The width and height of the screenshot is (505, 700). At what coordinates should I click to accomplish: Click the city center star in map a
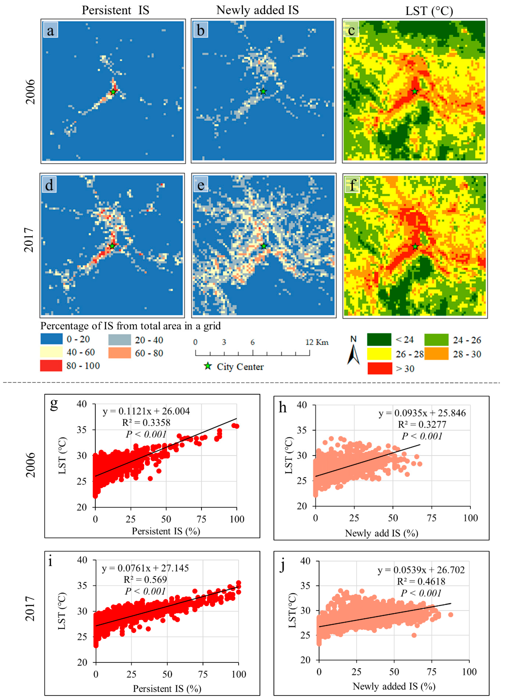[113, 92]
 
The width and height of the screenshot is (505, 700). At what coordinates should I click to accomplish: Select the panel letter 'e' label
[201, 185]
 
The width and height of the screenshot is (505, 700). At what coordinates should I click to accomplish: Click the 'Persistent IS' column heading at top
[115, 10]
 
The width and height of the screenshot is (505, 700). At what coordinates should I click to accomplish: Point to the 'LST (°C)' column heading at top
[429, 11]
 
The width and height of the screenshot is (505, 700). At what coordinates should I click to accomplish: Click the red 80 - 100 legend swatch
[51, 366]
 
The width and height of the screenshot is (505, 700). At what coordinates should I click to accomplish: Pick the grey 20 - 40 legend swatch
[119, 340]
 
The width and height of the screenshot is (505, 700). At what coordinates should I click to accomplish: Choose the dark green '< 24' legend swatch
[379, 340]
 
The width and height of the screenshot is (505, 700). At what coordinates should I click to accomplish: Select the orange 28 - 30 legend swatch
[436, 354]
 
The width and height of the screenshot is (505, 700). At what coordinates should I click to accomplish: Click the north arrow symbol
[354, 353]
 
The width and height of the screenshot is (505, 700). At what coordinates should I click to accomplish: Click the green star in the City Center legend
[208, 366]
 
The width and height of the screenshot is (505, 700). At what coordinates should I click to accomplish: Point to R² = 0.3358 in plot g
[146, 422]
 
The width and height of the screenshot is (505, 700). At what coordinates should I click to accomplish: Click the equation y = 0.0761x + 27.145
[145, 568]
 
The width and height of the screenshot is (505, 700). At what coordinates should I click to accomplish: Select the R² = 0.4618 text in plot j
[421, 582]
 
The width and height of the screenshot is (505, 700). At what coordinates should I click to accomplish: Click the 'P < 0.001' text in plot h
[422, 436]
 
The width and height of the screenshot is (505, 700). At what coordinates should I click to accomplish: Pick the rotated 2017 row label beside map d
[29, 240]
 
